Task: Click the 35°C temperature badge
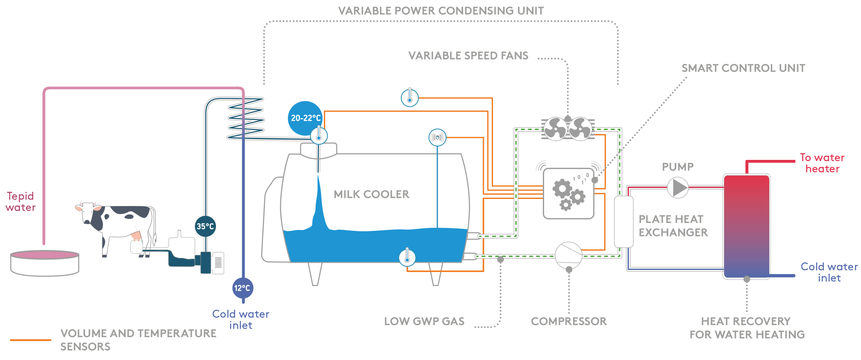click(x=205, y=226)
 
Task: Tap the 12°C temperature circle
click(x=243, y=288)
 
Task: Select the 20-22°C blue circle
click(x=305, y=118)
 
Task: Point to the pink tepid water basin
click(x=45, y=262)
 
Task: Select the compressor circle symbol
click(x=569, y=255)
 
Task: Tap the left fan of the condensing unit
click(x=555, y=128)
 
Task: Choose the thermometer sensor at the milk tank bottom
click(x=407, y=257)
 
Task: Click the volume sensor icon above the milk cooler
click(x=437, y=137)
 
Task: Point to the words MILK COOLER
click(x=371, y=194)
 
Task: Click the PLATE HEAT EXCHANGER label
click(x=673, y=226)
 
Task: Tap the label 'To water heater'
click(x=822, y=163)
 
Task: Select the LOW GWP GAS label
click(x=424, y=321)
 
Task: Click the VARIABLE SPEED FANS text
click(x=469, y=56)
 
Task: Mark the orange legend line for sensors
click(x=31, y=340)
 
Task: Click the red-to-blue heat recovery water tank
click(x=747, y=226)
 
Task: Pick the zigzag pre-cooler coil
click(x=246, y=118)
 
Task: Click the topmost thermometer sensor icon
click(x=410, y=98)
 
